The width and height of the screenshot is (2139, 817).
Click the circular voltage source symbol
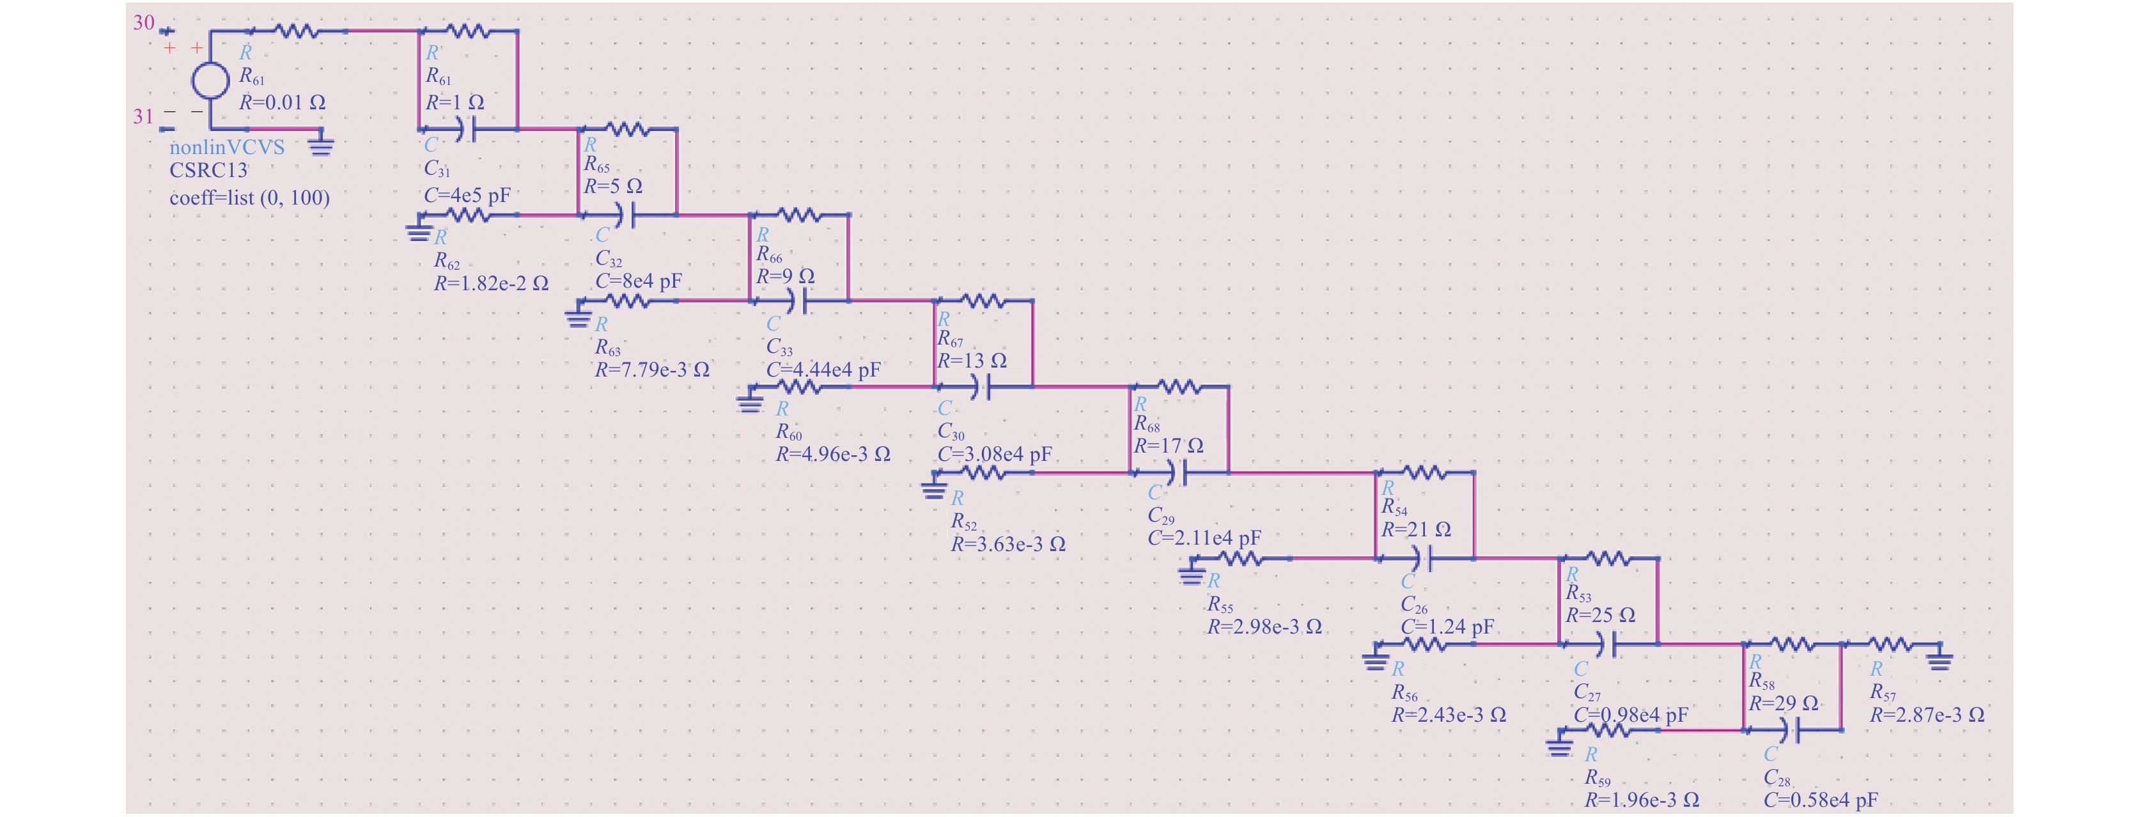[210, 81]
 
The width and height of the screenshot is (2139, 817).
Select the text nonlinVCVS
[227, 147]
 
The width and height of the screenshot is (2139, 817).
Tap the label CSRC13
[208, 170]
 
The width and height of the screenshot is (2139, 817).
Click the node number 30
[144, 22]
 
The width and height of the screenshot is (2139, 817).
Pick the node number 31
[144, 116]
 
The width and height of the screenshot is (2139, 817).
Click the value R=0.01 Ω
[283, 102]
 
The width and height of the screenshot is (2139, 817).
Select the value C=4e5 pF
[467, 196]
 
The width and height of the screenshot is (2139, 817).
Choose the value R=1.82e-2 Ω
[492, 283]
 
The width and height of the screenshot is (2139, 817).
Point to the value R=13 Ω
[972, 361]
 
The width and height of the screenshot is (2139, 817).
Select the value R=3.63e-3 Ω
[1008, 544]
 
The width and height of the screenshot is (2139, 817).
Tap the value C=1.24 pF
[1447, 627]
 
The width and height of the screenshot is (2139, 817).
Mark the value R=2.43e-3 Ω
[1449, 715]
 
